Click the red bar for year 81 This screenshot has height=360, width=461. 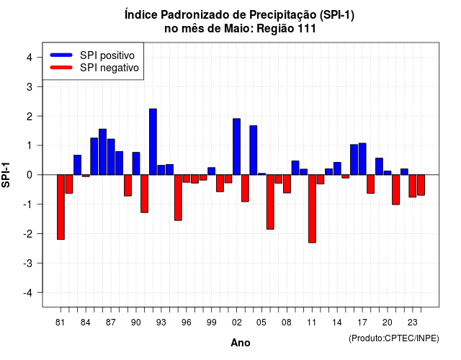(x=61, y=207)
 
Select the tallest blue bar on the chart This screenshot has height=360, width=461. (x=153, y=142)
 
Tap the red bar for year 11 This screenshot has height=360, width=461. (x=312, y=209)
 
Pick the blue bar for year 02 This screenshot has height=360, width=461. (x=237, y=147)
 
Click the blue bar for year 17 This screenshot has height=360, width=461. (x=362, y=159)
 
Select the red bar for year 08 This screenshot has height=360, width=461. (x=287, y=184)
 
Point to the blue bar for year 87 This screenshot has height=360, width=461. (x=111, y=157)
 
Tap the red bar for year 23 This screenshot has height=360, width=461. (x=413, y=186)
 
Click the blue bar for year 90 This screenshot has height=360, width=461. (x=136, y=163)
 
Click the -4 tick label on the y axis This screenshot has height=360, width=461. (x=28, y=292)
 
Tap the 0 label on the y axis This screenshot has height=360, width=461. (x=30, y=175)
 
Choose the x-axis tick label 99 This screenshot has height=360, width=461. (x=211, y=323)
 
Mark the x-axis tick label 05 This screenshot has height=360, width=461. (x=261, y=323)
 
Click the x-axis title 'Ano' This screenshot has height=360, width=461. (x=241, y=343)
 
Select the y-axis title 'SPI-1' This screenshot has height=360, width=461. (x=6, y=175)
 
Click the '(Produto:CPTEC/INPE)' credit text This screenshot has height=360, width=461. (x=394, y=338)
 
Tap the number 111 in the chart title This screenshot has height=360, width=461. (x=307, y=29)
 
